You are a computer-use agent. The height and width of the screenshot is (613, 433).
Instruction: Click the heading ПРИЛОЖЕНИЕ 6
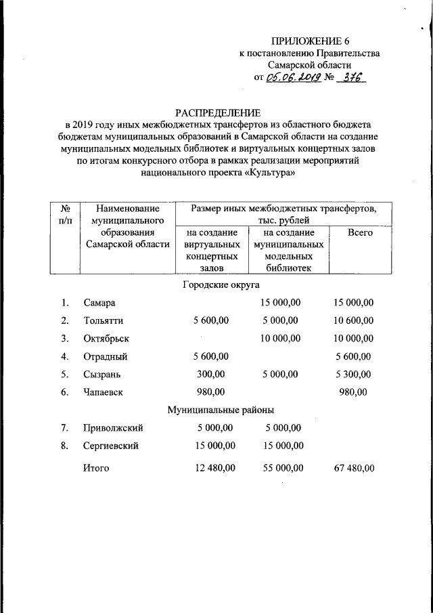pyautogui.click(x=311, y=41)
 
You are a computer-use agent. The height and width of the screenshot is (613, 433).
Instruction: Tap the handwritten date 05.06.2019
pyautogui.click(x=293, y=78)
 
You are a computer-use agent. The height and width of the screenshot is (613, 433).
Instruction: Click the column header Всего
pyautogui.click(x=360, y=232)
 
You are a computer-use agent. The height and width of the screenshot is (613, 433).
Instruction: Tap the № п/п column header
pyautogui.click(x=66, y=215)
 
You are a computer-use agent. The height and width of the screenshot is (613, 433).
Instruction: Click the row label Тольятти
pyautogui.click(x=104, y=320)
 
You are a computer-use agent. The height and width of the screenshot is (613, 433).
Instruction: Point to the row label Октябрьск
pyautogui.click(x=106, y=339)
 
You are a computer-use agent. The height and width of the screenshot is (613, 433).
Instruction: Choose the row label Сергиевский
pyautogui.click(x=111, y=446)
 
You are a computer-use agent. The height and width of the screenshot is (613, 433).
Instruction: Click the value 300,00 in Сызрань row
pyautogui.click(x=211, y=374)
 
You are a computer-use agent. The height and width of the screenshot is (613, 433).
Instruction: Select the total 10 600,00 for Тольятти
pyautogui.click(x=354, y=320)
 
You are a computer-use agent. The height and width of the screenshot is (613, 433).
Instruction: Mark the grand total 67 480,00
pyautogui.click(x=354, y=468)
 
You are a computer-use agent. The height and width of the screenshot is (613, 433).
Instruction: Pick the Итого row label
pyautogui.click(x=95, y=468)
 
